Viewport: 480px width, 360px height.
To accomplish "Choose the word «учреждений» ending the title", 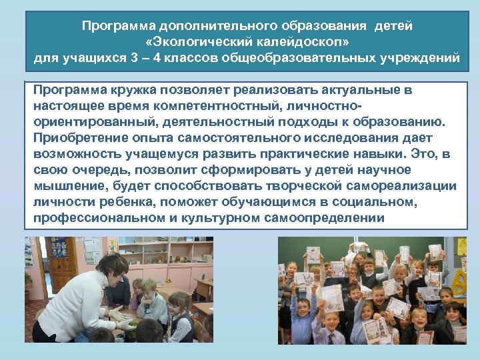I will tap(419, 58).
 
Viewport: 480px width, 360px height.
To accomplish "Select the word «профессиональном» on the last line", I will tap(95, 218).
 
